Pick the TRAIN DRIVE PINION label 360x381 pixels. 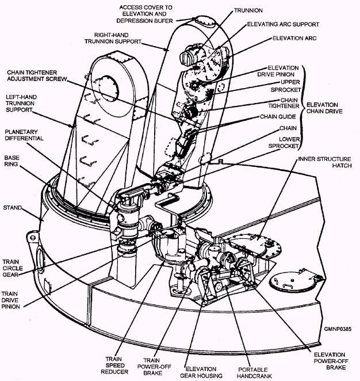(x=13, y=300)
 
